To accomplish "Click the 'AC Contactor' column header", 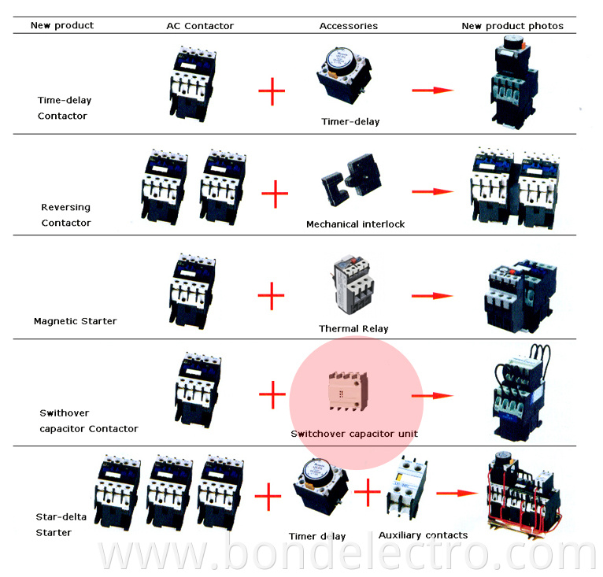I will (200, 26).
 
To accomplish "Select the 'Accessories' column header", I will (348, 26).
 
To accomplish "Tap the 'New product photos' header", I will (512, 26).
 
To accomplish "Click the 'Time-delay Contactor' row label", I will (62, 108).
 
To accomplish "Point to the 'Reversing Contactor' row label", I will (66, 215).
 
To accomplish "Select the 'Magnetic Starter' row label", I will (75, 321).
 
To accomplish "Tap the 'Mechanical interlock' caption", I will (355, 224).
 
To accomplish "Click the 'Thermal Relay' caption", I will (353, 328).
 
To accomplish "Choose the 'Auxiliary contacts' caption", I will (423, 535).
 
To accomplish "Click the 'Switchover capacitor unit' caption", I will (354, 434).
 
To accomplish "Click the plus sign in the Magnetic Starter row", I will (271, 297).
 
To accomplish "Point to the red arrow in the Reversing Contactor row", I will (433, 192).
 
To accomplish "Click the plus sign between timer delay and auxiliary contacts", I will (367, 494).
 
